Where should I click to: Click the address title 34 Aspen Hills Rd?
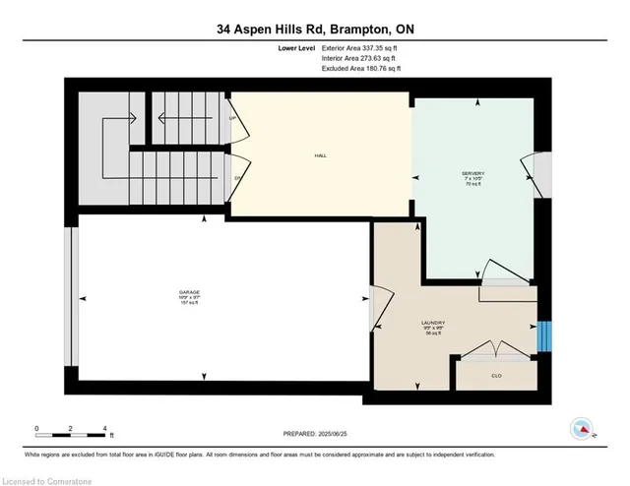(315, 30)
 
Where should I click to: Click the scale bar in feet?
(71, 430)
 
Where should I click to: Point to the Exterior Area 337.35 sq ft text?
(362, 47)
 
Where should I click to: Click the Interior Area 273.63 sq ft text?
(361, 58)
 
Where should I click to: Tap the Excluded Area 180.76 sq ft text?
(362, 69)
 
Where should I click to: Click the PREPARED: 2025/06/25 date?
(315, 435)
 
